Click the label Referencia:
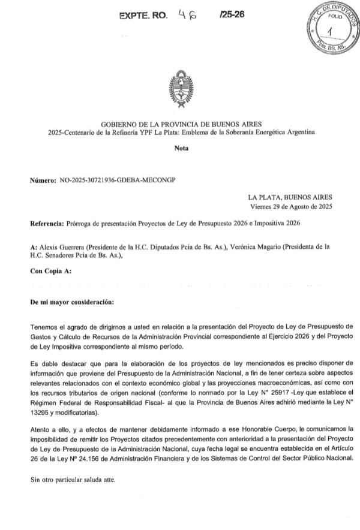(50, 223)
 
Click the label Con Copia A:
(50, 271)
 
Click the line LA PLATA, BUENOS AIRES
(290, 197)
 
